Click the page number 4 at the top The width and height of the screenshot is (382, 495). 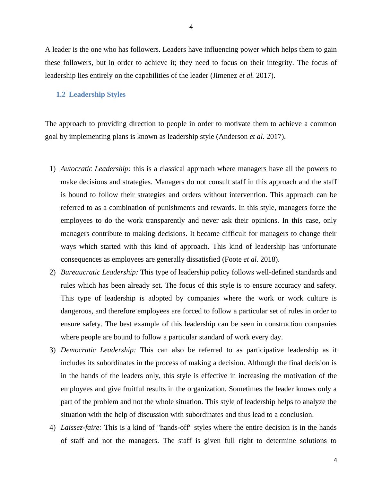pyautogui.click(x=191, y=27)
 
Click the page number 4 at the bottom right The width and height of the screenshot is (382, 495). pyautogui.click(x=335, y=460)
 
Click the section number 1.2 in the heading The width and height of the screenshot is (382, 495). pyautogui.click(x=61, y=94)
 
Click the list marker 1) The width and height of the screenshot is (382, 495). pyautogui.click(x=53, y=169)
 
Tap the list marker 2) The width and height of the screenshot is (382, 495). pyautogui.click(x=53, y=272)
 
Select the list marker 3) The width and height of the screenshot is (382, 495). pyautogui.click(x=53, y=350)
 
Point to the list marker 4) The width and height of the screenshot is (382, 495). pyautogui.click(x=53, y=428)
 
